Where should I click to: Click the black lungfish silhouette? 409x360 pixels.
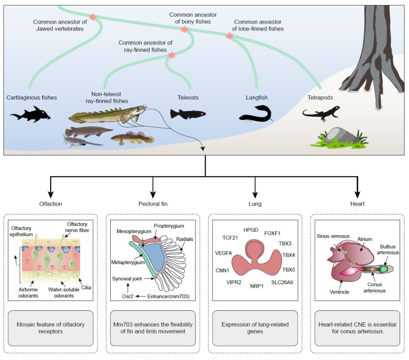coord(256,115)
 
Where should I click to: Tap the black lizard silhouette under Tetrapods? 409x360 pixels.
coord(319,114)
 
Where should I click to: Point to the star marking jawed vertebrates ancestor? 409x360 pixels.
coord(93,17)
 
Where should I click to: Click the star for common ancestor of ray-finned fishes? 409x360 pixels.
coord(172,55)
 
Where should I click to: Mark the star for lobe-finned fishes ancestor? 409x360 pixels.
coord(229,36)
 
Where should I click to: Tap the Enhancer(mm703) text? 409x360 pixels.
coord(169,296)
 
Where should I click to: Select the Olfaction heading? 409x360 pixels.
coord(51,204)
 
